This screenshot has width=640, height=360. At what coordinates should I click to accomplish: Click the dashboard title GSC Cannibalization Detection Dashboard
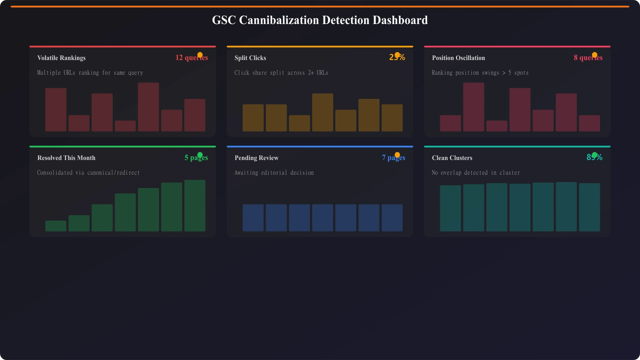(x=320, y=20)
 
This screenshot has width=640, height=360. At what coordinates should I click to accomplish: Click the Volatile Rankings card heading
(x=61, y=58)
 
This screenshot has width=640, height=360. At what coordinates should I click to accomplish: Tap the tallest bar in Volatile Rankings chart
(x=148, y=107)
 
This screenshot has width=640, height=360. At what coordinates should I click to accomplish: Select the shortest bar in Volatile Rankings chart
(x=125, y=126)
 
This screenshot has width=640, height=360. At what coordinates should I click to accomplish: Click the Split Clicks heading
(x=250, y=58)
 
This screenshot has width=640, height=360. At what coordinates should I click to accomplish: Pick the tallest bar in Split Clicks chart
(x=322, y=112)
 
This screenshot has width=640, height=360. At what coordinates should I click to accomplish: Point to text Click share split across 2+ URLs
(x=281, y=73)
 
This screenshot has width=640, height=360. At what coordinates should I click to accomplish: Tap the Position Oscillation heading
(x=458, y=58)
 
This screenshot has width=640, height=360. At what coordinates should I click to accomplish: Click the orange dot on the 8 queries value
(x=594, y=55)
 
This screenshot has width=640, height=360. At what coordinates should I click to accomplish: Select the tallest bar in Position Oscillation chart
(x=474, y=107)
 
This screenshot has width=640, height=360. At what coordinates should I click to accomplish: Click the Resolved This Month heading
(x=66, y=158)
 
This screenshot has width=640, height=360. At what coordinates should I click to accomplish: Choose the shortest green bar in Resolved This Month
(x=56, y=226)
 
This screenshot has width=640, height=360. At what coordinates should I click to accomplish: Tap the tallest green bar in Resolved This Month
(x=195, y=206)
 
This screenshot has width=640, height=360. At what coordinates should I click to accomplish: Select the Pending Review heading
(x=256, y=158)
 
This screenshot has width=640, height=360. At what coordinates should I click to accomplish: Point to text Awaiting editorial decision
(x=274, y=173)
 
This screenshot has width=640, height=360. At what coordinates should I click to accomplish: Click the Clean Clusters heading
(x=452, y=158)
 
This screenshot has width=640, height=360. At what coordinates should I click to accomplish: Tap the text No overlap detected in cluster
(x=476, y=173)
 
